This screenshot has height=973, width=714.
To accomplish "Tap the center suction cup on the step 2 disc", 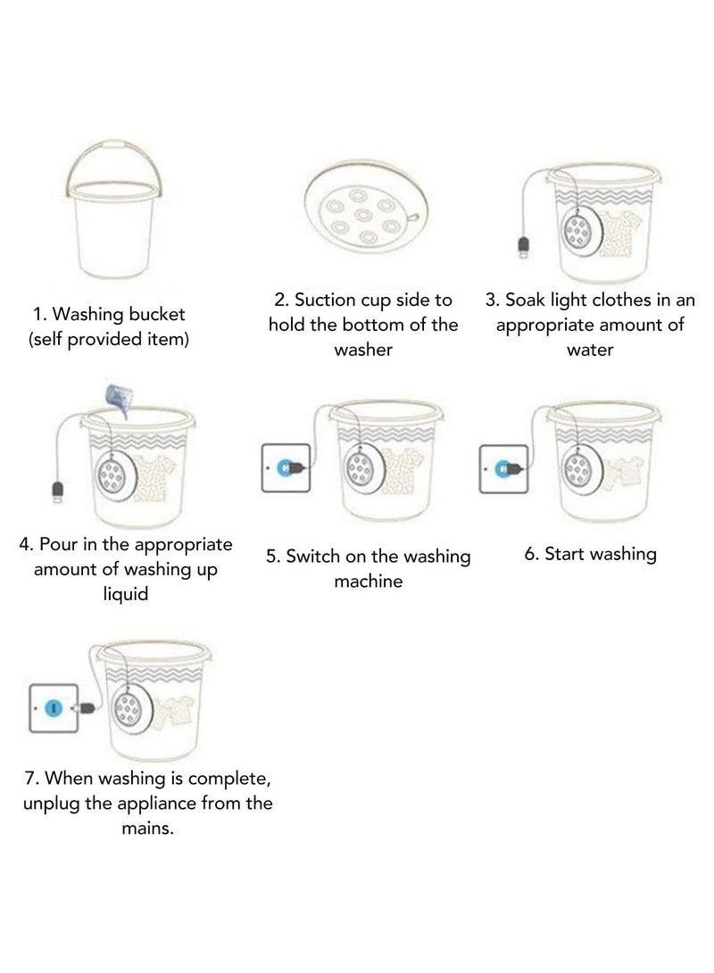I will pyautogui.click(x=362, y=213).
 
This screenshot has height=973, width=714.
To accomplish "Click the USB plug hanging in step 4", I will pyautogui.click(x=58, y=491).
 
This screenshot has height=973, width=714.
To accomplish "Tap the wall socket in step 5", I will pyautogui.click(x=285, y=466).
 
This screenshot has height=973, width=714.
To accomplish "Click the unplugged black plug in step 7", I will pyautogui.click(x=89, y=708).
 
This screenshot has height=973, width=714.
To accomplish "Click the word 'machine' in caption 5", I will pyautogui.click(x=368, y=581).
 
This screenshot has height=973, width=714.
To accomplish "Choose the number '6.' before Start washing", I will pyautogui.click(x=532, y=554).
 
